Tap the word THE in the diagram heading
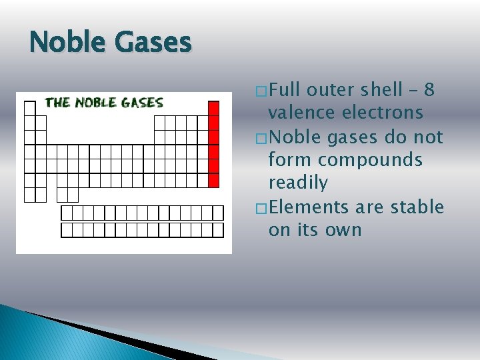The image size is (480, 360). pyautogui.click(x=57, y=103)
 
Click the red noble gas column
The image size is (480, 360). pyautogui.click(x=214, y=144)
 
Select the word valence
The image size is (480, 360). pyautogui.click(x=301, y=113)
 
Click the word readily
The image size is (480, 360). pyautogui.click(x=298, y=183)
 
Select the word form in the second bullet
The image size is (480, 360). pyautogui.click(x=289, y=160)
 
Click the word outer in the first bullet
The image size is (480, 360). pyautogui.click(x=332, y=90)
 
